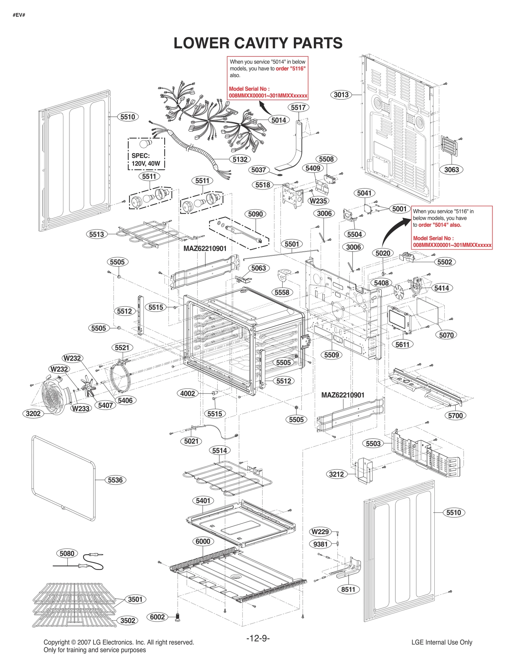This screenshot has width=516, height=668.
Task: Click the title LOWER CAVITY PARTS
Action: [258, 43]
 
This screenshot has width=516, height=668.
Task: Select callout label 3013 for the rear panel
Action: [341, 95]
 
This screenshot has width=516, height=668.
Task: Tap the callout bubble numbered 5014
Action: [279, 120]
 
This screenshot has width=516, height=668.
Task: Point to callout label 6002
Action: [157, 617]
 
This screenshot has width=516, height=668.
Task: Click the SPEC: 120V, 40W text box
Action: [146, 160]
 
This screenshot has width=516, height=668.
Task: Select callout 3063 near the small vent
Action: [451, 170]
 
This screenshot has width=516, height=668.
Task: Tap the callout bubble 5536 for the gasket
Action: [115, 480]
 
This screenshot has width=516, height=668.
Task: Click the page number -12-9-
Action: [258, 638]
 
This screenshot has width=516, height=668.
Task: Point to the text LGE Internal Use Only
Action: [442, 642]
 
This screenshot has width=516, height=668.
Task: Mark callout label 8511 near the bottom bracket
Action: [348, 589]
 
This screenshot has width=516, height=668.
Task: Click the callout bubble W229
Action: [320, 532]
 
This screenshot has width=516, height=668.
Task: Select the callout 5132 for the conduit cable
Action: [240, 159]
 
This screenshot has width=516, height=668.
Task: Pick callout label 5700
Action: [455, 415]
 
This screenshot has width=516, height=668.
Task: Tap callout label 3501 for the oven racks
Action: [135, 599]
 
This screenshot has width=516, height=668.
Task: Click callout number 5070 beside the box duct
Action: [446, 335]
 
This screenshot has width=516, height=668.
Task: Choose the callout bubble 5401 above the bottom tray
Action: [203, 501]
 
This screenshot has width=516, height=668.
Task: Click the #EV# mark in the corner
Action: [19, 15]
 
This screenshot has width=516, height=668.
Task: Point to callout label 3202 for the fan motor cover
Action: [33, 413]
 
